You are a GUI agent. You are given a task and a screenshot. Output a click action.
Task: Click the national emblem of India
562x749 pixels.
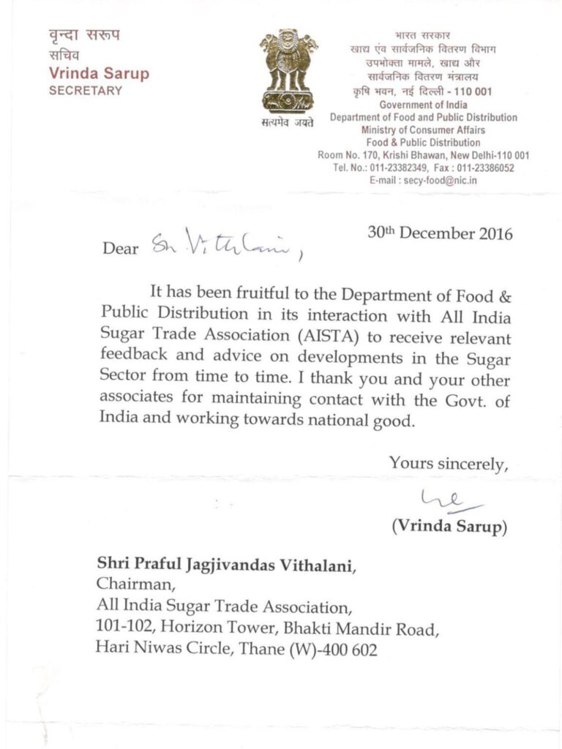pos(288,69)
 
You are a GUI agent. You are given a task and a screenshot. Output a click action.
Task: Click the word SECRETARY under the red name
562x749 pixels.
pos(86,91)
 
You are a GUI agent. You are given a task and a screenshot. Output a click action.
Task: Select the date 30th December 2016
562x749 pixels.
pos(440,234)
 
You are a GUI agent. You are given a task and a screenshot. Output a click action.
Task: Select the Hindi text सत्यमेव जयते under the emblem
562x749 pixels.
pos(288,122)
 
